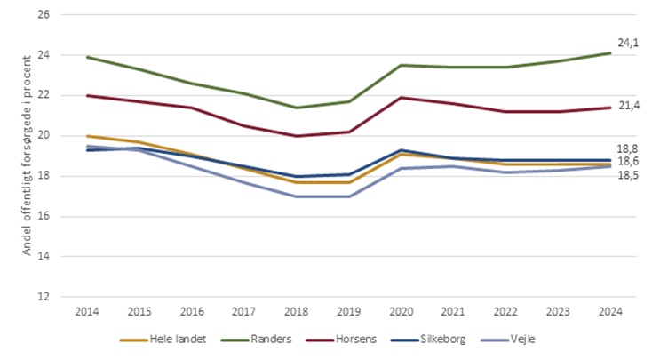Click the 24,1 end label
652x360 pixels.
629,42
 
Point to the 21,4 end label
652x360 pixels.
629,106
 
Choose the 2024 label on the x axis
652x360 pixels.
609,311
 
